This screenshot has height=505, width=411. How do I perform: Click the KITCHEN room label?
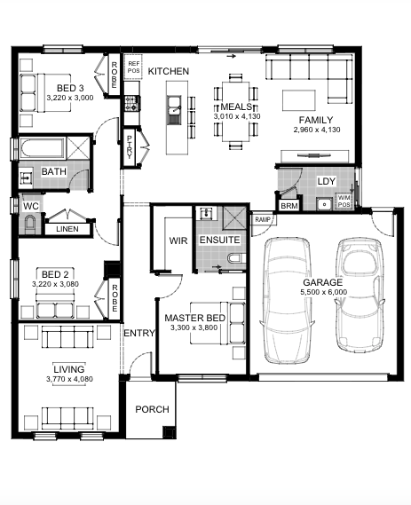(168, 71)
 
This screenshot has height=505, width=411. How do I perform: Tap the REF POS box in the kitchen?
(133, 67)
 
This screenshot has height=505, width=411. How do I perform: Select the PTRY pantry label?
(130, 146)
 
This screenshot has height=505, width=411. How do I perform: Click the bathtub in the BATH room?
(42, 148)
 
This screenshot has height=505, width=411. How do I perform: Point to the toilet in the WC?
(30, 223)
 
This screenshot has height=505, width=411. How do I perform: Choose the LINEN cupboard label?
(67, 229)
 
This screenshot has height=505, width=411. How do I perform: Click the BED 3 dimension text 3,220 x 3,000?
(70, 98)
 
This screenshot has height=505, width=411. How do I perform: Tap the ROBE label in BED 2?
(114, 298)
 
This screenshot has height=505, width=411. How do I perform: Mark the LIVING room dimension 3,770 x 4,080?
(69, 379)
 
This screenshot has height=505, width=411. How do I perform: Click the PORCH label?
(152, 409)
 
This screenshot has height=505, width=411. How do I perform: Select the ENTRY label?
(139, 333)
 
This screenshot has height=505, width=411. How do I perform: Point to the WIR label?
(178, 241)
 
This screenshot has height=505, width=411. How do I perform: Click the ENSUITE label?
(219, 240)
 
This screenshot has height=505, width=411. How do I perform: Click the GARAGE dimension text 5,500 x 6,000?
(324, 292)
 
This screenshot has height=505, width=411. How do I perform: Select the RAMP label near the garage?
(263, 219)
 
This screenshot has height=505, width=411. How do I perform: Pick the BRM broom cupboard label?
(288, 206)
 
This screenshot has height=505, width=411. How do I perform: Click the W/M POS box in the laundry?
(344, 201)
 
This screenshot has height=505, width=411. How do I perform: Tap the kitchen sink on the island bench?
(174, 110)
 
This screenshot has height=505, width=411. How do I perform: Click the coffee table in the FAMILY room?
(299, 100)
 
